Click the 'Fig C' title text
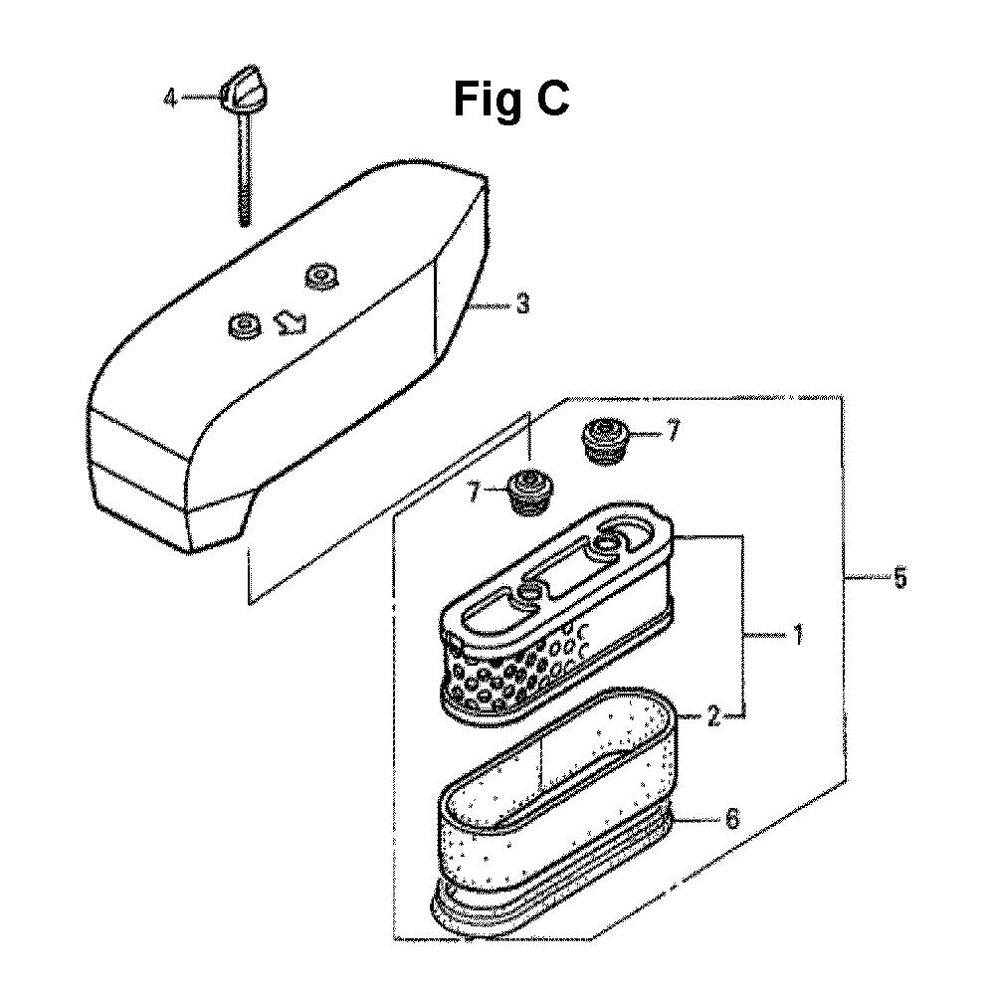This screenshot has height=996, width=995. (510, 100)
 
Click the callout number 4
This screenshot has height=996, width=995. (169, 99)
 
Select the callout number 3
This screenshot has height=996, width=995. (522, 304)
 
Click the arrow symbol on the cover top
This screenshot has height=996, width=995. (290, 322)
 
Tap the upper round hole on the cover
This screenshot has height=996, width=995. (319, 276)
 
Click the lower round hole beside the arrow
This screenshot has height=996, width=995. (243, 325)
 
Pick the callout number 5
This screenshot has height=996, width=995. (899, 578)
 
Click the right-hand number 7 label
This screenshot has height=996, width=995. (673, 433)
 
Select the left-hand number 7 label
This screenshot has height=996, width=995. (474, 493)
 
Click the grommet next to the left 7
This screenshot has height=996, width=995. (531, 494)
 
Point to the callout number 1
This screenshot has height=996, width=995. (798, 635)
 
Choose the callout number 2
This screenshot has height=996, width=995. (713, 718)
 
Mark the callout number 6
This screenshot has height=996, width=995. (732, 820)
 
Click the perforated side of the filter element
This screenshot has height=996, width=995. (508, 674)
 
